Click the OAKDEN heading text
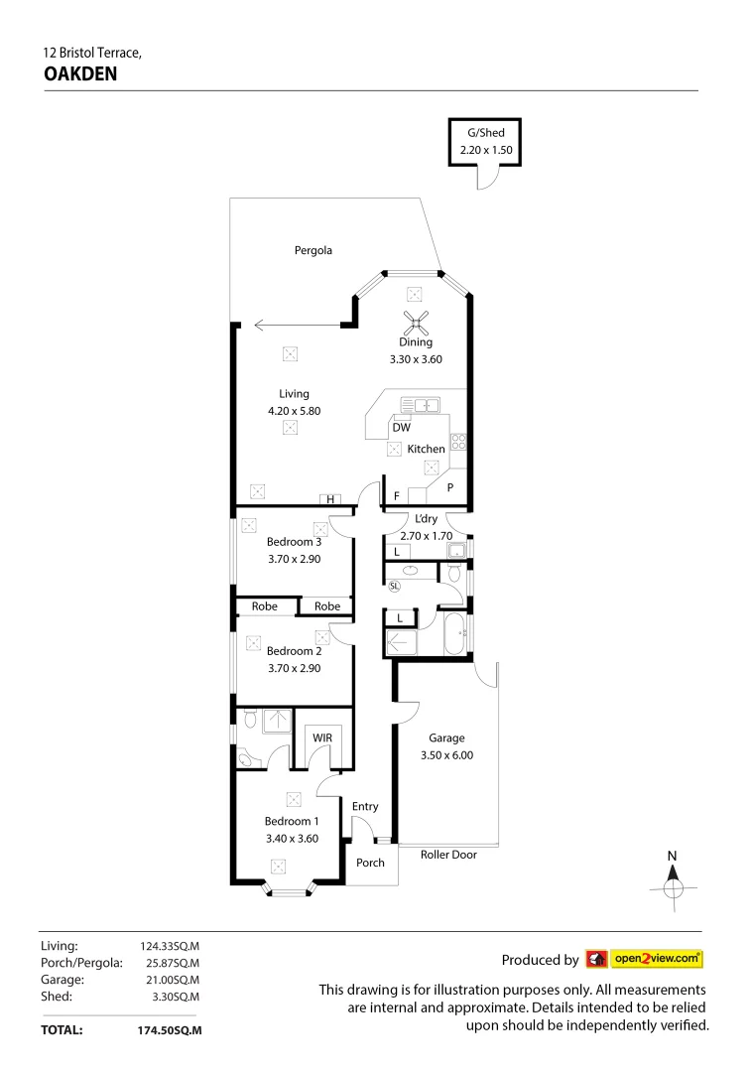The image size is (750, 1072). (81, 72)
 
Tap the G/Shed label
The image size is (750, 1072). (484, 131)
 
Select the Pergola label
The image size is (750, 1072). (312, 250)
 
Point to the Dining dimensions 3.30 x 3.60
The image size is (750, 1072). (416, 358)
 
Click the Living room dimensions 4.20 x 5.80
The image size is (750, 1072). (294, 410)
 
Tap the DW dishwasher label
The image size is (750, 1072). (402, 428)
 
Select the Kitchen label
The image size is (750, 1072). (426, 449)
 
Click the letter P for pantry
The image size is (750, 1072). (449, 487)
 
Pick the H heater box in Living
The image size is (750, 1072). (329, 499)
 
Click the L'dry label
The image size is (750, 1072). (426, 520)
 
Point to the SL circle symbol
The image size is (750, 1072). (394, 585)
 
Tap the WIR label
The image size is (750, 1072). (322, 738)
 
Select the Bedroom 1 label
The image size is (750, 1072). (291, 821)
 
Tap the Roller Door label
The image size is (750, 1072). (448, 854)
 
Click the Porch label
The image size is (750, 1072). (370, 863)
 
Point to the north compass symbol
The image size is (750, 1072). (673, 879)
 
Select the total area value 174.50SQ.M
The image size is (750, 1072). (170, 1030)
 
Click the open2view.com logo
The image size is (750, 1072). (645, 959)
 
